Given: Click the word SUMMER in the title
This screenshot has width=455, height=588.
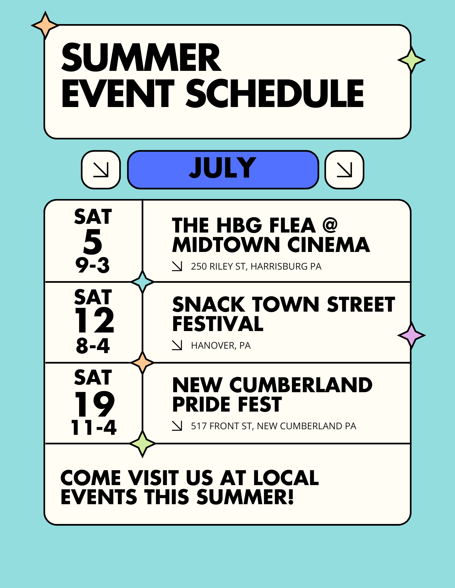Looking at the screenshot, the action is point(141,57).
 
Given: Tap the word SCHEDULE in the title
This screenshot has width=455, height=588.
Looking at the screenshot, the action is point(275,93).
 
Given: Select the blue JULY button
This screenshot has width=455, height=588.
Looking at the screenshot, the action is point(223,170).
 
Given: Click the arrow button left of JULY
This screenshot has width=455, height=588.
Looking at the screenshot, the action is point(101,170).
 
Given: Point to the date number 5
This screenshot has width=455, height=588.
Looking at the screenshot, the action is point(93,242).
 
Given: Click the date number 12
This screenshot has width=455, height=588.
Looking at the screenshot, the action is point(94,320).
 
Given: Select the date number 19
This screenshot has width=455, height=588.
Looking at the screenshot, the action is point(94,404).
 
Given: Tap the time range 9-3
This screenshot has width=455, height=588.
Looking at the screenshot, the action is point(92,265).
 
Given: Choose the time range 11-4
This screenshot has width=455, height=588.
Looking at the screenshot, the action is point(94,427).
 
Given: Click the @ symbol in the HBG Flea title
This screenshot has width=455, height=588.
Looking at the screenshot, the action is point(330,225).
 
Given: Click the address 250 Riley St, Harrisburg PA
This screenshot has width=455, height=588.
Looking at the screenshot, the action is point(256,266).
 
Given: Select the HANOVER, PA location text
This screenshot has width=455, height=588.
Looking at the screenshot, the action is point(221,345).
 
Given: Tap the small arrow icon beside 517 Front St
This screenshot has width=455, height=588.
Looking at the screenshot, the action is point(177,426).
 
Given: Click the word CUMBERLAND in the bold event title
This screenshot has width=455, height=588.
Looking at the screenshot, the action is point(301,385).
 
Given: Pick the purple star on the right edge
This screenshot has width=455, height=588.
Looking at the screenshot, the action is point(411,335).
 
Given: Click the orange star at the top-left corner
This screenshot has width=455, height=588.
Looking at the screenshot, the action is point(45,26).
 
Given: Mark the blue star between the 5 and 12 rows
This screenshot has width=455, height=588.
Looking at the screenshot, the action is point(143,282).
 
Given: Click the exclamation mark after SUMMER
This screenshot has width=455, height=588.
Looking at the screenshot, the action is point(291,497).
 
